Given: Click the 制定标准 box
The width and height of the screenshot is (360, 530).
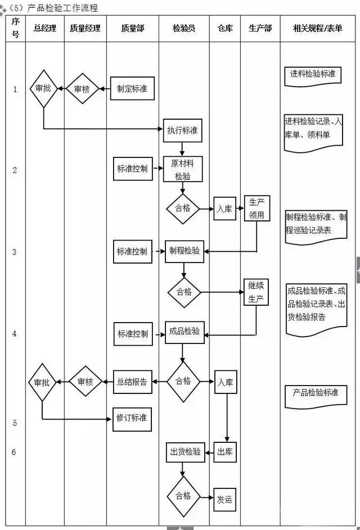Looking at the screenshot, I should coord(132,89).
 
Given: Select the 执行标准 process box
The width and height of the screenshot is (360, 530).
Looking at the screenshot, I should coord(182,130).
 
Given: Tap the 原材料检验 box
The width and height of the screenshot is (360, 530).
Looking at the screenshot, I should coord(182,169).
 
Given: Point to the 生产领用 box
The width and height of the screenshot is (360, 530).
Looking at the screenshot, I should coord(256,209).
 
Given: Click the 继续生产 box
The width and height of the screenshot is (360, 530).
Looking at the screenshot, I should coord(256,292).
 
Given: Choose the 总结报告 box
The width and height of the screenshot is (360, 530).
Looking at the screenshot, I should coord(132,382).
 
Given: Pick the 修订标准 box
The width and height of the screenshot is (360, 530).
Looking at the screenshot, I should coord(132,418).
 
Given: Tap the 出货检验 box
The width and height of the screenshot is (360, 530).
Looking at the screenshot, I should coord(184,452).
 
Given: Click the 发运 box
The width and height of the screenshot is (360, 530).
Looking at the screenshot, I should coord(224,499).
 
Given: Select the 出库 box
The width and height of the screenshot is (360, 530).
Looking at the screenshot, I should coord(225,452).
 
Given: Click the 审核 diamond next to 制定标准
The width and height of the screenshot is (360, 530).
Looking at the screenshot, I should coord(82,89).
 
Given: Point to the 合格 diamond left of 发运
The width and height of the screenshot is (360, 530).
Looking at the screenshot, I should coord(183,496).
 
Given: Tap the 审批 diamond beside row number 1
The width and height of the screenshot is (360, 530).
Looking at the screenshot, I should coord(43,89).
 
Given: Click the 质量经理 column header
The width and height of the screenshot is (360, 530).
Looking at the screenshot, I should coord(85,28).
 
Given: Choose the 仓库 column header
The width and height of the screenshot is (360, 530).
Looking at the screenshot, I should coord(224,28).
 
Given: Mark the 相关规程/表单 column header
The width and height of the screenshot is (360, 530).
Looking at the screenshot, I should coord(318,28).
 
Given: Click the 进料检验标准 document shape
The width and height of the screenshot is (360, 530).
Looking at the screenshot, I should coord(312,75).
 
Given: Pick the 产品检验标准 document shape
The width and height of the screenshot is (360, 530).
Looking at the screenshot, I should coord(316,393).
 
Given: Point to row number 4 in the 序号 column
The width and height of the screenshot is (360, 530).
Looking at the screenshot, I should coord(15,333).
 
